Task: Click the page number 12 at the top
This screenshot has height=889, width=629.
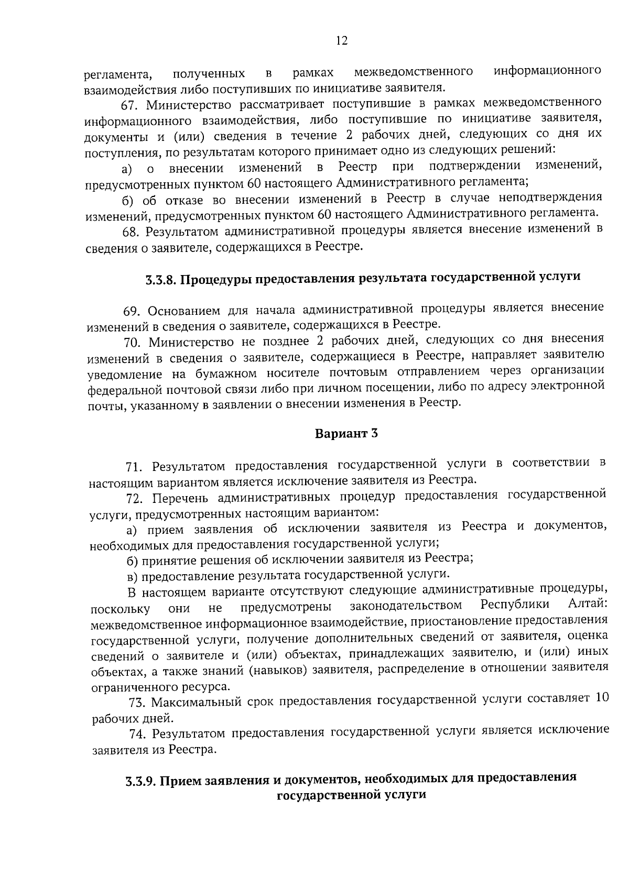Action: point(341,41)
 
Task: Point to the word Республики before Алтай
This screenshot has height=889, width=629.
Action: point(515,605)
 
